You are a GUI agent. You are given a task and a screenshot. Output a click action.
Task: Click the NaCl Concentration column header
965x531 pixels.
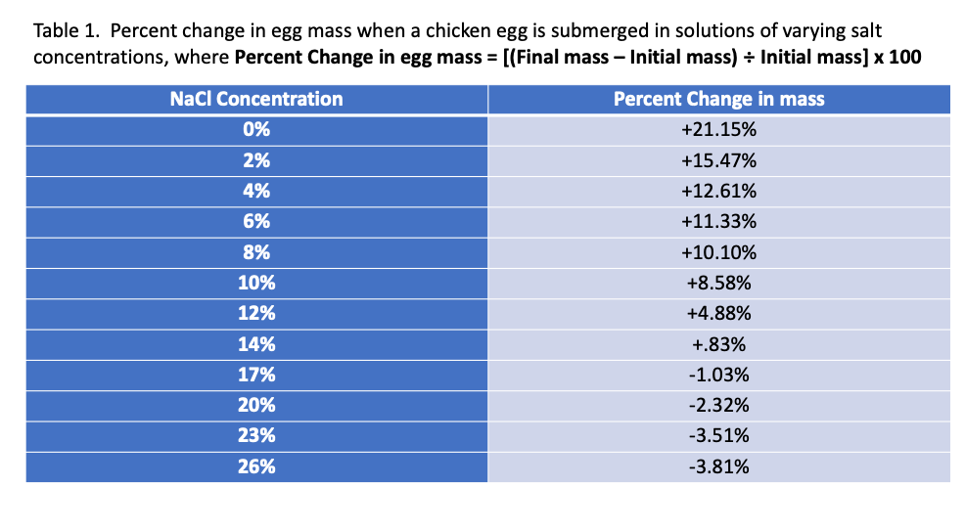(x=256, y=99)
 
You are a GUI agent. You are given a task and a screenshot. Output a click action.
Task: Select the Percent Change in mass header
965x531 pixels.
(x=718, y=99)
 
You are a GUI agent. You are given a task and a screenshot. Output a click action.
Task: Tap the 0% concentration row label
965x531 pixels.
(x=256, y=129)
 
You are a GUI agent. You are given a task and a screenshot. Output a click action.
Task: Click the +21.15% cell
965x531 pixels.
(x=718, y=129)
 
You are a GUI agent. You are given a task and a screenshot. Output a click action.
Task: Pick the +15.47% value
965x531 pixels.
(x=718, y=160)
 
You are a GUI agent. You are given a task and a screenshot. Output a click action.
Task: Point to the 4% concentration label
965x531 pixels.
(x=256, y=191)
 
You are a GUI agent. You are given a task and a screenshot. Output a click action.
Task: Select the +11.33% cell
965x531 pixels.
(x=718, y=221)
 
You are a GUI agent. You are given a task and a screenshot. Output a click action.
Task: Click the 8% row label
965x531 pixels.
(x=256, y=252)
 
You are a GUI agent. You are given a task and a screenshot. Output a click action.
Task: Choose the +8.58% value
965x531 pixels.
(x=718, y=283)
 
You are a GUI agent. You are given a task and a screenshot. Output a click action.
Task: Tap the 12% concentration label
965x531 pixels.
(x=256, y=313)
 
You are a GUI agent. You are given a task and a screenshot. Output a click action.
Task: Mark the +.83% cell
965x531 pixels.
(x=718, y=344)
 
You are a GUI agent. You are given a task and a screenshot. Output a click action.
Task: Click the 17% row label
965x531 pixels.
(x=256, y=375)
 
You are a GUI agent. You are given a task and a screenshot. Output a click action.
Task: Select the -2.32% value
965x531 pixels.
(x=718, y=405)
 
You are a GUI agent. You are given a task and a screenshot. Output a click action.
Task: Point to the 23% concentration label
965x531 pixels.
(x=256, y=436)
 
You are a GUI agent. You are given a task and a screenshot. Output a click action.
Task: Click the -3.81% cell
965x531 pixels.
(x=718, y=466)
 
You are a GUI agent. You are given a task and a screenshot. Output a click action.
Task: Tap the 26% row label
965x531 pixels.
(x=256, y=466)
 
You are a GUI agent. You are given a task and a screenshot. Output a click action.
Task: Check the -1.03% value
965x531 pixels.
(x=718, y=375)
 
